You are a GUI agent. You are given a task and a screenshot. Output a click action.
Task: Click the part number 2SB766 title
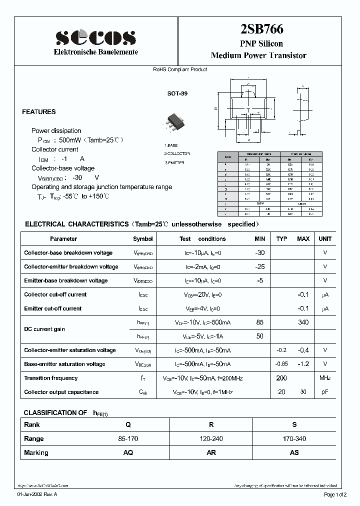coord(258,30)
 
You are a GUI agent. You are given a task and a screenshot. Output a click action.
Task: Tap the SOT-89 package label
coord(177,93)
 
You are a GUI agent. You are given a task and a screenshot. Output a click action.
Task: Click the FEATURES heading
coord(39,112)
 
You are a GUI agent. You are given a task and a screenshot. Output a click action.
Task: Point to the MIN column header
coord(259,239)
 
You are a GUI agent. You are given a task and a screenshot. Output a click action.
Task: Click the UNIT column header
coord(325,239)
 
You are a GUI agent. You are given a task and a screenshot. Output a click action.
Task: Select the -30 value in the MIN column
coord(259,253)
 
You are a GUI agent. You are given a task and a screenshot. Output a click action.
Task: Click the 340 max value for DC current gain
coord(303,322)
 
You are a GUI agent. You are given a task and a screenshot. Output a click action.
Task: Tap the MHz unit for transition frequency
coord(325,378)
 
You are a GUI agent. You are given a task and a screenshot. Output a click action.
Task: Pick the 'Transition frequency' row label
coord(51,378)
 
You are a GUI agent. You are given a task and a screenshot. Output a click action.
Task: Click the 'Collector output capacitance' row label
coord(61,392)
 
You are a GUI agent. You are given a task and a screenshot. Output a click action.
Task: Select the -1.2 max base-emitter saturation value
coord(303,364)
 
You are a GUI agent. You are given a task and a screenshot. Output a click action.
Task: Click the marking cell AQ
coord(128,452)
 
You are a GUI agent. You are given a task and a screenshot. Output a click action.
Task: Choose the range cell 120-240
coord(211,438)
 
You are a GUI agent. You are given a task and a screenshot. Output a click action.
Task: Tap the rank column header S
coord(294,424)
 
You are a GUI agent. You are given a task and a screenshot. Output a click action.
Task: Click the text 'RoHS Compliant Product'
coord(180,69)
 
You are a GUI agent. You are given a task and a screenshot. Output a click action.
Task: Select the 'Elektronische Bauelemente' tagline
coord(95,52)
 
